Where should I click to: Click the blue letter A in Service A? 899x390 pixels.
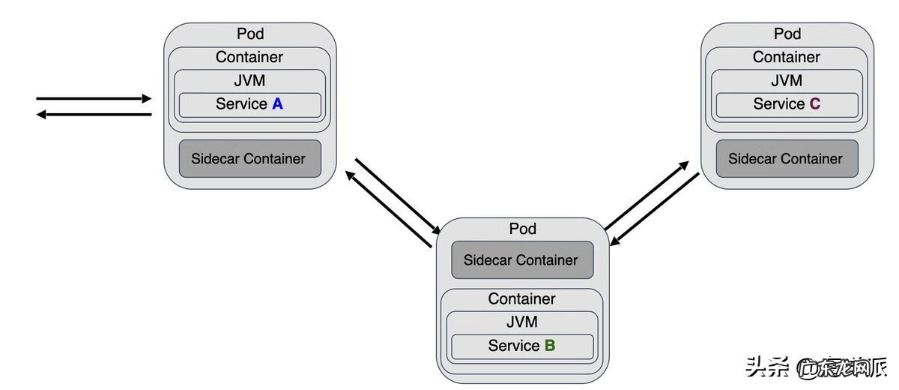point(277,104)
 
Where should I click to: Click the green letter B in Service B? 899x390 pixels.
point(550,346)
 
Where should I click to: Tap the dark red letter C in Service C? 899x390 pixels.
point(815,104)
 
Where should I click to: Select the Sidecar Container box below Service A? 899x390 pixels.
point(249,158)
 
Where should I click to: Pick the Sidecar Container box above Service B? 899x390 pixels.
point(521,260)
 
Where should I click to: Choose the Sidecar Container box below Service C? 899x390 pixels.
point(786,158)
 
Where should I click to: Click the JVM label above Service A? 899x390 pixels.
point(249,80)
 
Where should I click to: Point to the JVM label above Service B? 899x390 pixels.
point(522,322)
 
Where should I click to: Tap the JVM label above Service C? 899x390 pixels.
point(787,80)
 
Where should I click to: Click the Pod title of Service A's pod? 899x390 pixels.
point(250,34)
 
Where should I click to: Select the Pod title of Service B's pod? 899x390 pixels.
point(523,229)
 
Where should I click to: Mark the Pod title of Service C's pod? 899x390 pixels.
point(787,34)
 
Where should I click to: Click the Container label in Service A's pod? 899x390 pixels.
point(249,57)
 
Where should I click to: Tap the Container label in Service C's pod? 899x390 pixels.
point(787,57)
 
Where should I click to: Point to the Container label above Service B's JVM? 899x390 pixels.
point(522,298)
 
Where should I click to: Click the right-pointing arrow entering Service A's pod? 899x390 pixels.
point(94,98)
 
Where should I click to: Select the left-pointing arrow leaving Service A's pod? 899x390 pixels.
point(94,115)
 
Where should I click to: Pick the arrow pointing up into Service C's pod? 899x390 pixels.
point(647,194)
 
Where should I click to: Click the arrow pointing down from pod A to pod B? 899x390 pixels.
point(398,194)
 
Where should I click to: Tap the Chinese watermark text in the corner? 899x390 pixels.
point(816,367)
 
